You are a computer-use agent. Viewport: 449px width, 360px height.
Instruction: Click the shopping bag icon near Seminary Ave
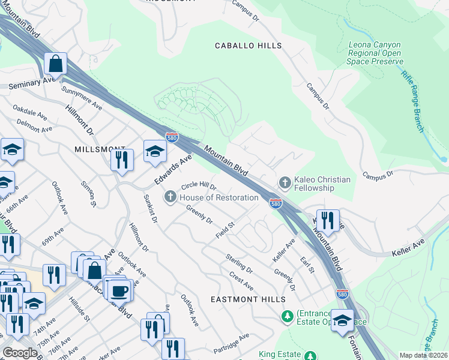[55, 63]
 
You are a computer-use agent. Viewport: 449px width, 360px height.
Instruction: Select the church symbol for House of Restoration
[170, 197]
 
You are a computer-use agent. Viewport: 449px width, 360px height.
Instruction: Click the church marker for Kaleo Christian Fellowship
[285, 181]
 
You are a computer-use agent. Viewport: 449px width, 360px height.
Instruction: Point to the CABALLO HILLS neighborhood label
[249, 46]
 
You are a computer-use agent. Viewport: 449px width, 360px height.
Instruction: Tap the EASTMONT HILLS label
[246, 298]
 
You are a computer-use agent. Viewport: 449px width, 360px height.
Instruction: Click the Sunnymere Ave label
[82, 97]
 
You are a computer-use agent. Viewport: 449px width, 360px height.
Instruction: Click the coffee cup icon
[119, 290]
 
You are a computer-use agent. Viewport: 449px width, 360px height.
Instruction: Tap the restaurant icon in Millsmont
[122, 160]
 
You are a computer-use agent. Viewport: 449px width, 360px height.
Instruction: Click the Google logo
[20, 353]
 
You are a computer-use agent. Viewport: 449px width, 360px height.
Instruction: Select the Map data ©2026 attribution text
[423, 355]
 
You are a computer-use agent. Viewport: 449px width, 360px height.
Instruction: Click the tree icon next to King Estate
[310, 356]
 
